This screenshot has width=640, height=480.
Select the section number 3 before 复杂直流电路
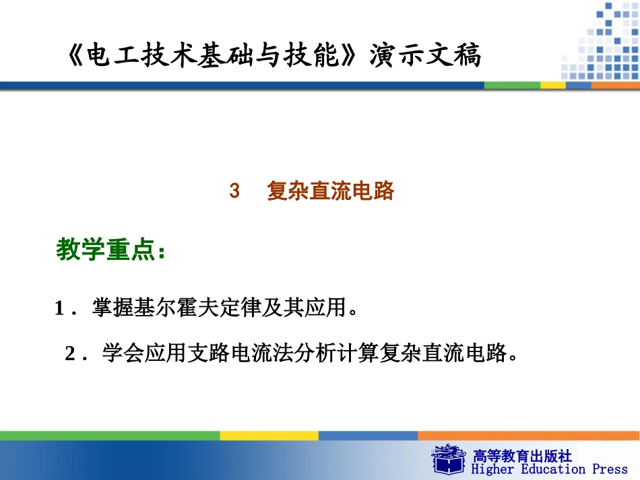click(x=234, y=191)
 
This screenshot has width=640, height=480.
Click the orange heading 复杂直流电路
click(x=330, y=191)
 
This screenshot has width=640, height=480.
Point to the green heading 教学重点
click(x=106, y=250)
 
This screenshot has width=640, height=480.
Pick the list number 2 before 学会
click(x=69, y=354)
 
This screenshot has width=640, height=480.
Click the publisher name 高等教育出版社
click(x=523, y=456)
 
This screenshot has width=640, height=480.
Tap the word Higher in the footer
click(x=492, y=469)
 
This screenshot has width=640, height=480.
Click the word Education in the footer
click(x=552, y=469)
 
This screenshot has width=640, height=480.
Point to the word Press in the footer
click(x=610, y=469)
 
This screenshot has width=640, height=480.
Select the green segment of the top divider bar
click(x=513, y=85)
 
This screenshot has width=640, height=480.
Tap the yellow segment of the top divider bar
click(x=553, y=85)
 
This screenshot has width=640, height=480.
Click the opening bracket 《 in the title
click(x=75, y=57)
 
